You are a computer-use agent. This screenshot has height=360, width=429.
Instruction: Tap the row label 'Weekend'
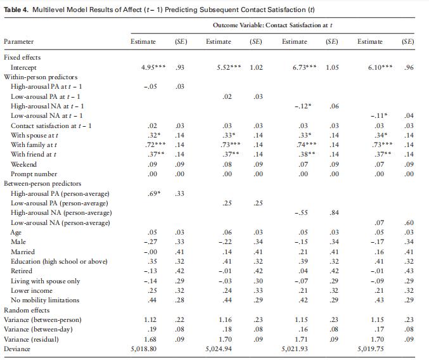[x=24, y=164]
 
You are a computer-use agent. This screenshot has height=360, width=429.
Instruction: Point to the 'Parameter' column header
[x=19, y=42]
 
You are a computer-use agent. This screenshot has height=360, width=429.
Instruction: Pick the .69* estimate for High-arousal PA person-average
[x=149, y=193]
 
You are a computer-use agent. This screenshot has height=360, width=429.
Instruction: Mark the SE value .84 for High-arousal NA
[x=331, y=212]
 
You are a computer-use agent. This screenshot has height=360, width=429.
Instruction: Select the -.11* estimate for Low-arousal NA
[x=376, y=115]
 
